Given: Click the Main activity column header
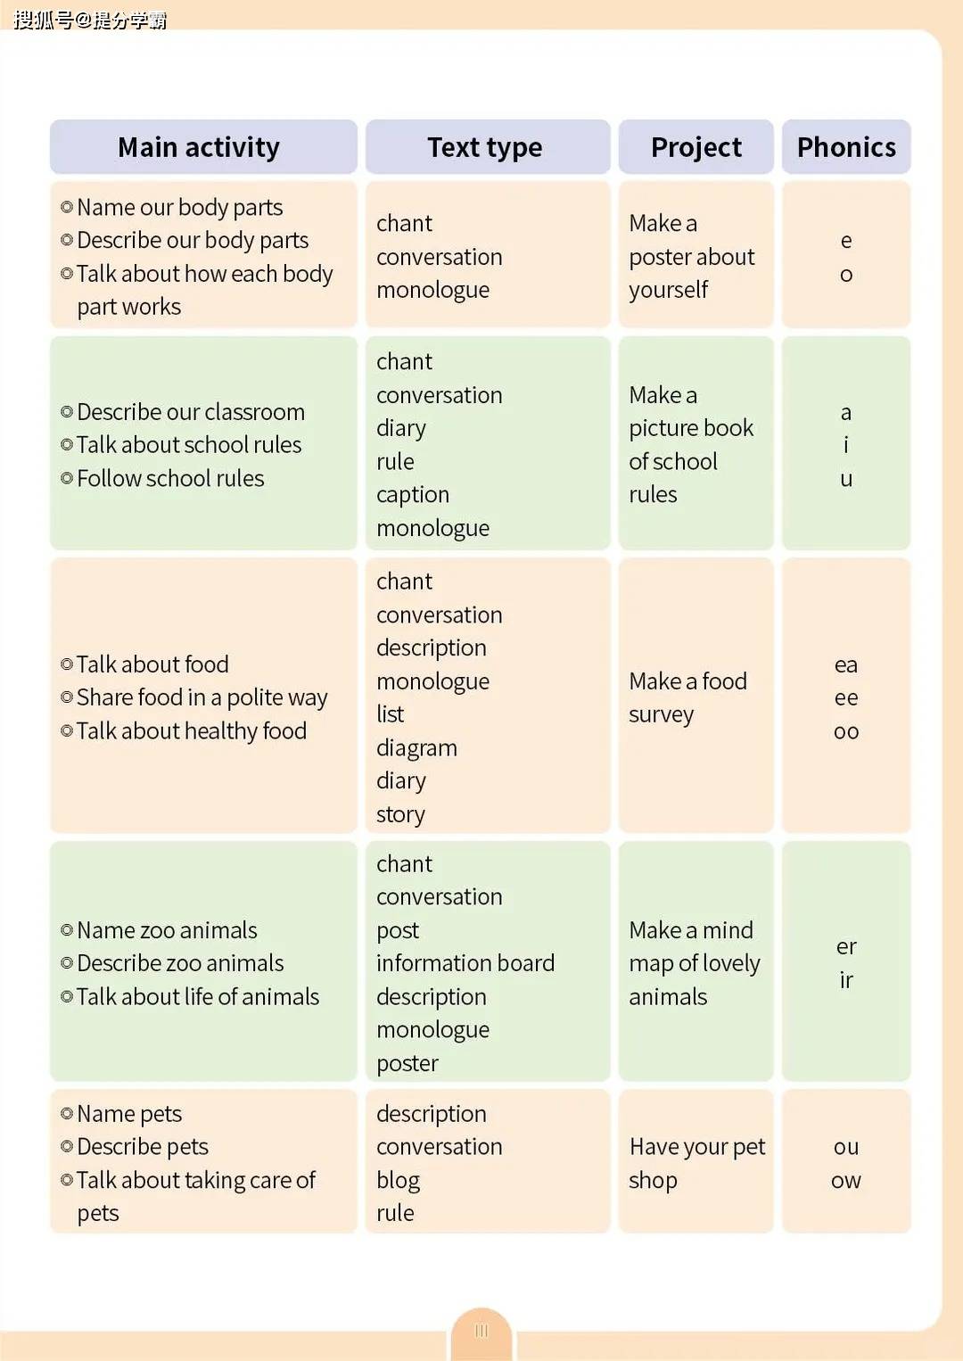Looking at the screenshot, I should tap(199, 147).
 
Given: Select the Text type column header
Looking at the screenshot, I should tap(485, 147).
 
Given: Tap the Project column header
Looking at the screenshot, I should tap(696, 147).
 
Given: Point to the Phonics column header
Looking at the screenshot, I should tap(846, 147).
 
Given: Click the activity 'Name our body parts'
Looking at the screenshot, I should tap(179, 208).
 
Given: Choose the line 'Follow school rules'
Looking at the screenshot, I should tap(170, 479).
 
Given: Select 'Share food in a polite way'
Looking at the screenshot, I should tap(202, 697).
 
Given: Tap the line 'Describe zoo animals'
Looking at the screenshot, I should tap(180, 963).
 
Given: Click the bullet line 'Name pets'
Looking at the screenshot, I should tap(129, 1114).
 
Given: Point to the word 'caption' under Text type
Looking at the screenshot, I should tap(413, 495).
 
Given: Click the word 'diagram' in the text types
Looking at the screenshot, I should tap(416, 748).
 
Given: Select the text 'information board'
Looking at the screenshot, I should tap(465, 963).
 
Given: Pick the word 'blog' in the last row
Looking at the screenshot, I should tap(398, 1181).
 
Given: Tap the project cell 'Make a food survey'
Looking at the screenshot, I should tap(687, 697).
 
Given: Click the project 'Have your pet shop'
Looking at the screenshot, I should tap(696, 1163).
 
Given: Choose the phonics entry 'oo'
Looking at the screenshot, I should tap(846, 732).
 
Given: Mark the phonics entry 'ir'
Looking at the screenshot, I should tap(846, 980).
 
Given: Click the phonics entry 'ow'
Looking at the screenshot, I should tap(846, 1181).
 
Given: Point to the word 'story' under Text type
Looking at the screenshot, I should tap(400, 815).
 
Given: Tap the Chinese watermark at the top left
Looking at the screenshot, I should tap(90, 20).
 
